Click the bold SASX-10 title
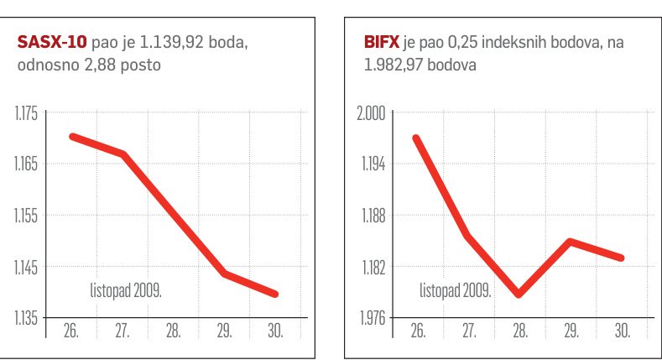(x=51, y=42)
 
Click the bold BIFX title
(x=383, y=42)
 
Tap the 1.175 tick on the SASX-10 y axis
(x=26, y=113)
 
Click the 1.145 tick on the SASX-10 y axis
(x=26, y=268)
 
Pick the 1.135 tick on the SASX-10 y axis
(x=26, y=318)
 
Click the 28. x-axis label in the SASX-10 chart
(x=174, y=331)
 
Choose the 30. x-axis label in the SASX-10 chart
(x=276, y=331)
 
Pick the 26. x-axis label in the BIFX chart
(x=417, y=331)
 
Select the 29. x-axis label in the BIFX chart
(x=571, y=331)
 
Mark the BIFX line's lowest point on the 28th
(x=519, y=295)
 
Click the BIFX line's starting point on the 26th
(x=416, y=138)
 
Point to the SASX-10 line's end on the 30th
(x=275, y=294)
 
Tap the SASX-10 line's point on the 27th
(x=122, y=154)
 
